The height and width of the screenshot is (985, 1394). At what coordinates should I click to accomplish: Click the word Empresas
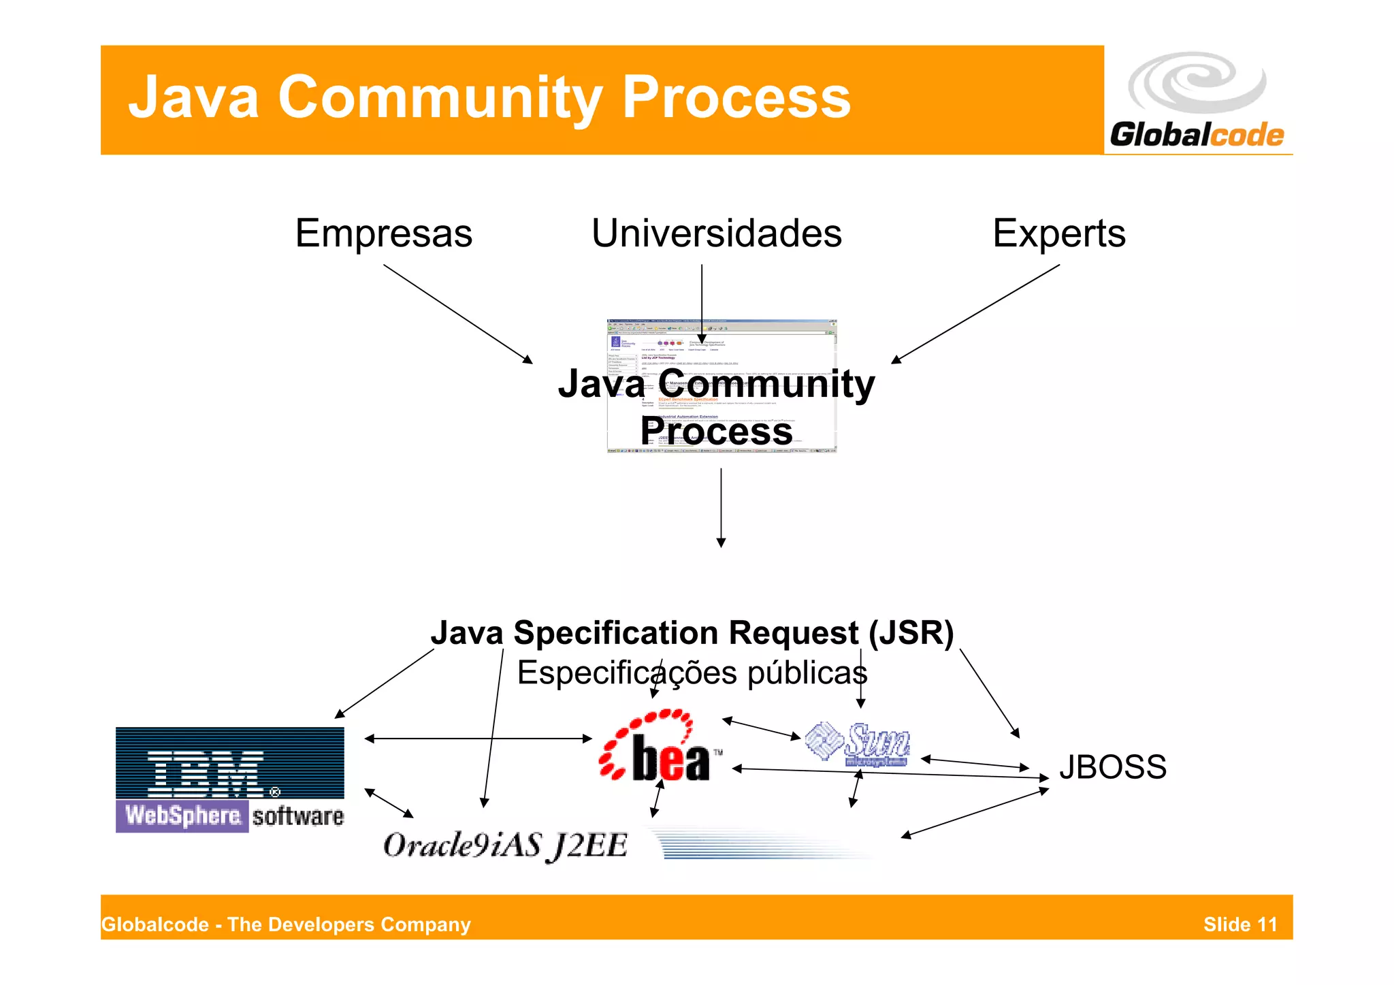tap(383, 234)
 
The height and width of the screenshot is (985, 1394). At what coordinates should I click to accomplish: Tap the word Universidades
tap(716, 234)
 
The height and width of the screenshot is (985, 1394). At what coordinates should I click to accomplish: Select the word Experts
tap(1058, 234)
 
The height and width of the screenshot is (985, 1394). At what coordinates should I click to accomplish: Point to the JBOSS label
tap(1112, 767)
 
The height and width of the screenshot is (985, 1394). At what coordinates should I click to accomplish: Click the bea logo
tap(660, 747)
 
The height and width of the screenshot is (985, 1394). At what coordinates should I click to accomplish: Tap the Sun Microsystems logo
tap(858, 745)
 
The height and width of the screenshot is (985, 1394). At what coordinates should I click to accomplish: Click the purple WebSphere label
tap(182, 816)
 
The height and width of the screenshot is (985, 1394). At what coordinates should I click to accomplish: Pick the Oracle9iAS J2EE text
tap(504, 845)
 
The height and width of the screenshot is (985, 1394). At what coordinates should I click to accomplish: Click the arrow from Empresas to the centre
tap(457, 314)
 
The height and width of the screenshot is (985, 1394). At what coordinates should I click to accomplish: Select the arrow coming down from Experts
tap(975, 314)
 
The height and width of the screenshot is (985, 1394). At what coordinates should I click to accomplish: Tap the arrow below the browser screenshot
tap(721, 507)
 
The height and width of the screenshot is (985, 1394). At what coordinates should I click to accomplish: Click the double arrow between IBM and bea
tap(478, 738)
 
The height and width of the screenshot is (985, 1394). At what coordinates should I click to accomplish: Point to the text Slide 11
tap(1239, 924)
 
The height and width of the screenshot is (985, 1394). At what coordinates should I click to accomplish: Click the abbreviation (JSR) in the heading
tap(911, 633)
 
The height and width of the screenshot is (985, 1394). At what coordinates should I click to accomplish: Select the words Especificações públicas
tap(692, 673)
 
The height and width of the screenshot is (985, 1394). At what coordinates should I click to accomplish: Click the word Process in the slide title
tap(736, 97)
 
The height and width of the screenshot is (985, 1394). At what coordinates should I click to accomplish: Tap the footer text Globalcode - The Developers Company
tap(286, 924)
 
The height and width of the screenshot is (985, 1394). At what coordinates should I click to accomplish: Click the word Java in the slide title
tap(193, 97)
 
